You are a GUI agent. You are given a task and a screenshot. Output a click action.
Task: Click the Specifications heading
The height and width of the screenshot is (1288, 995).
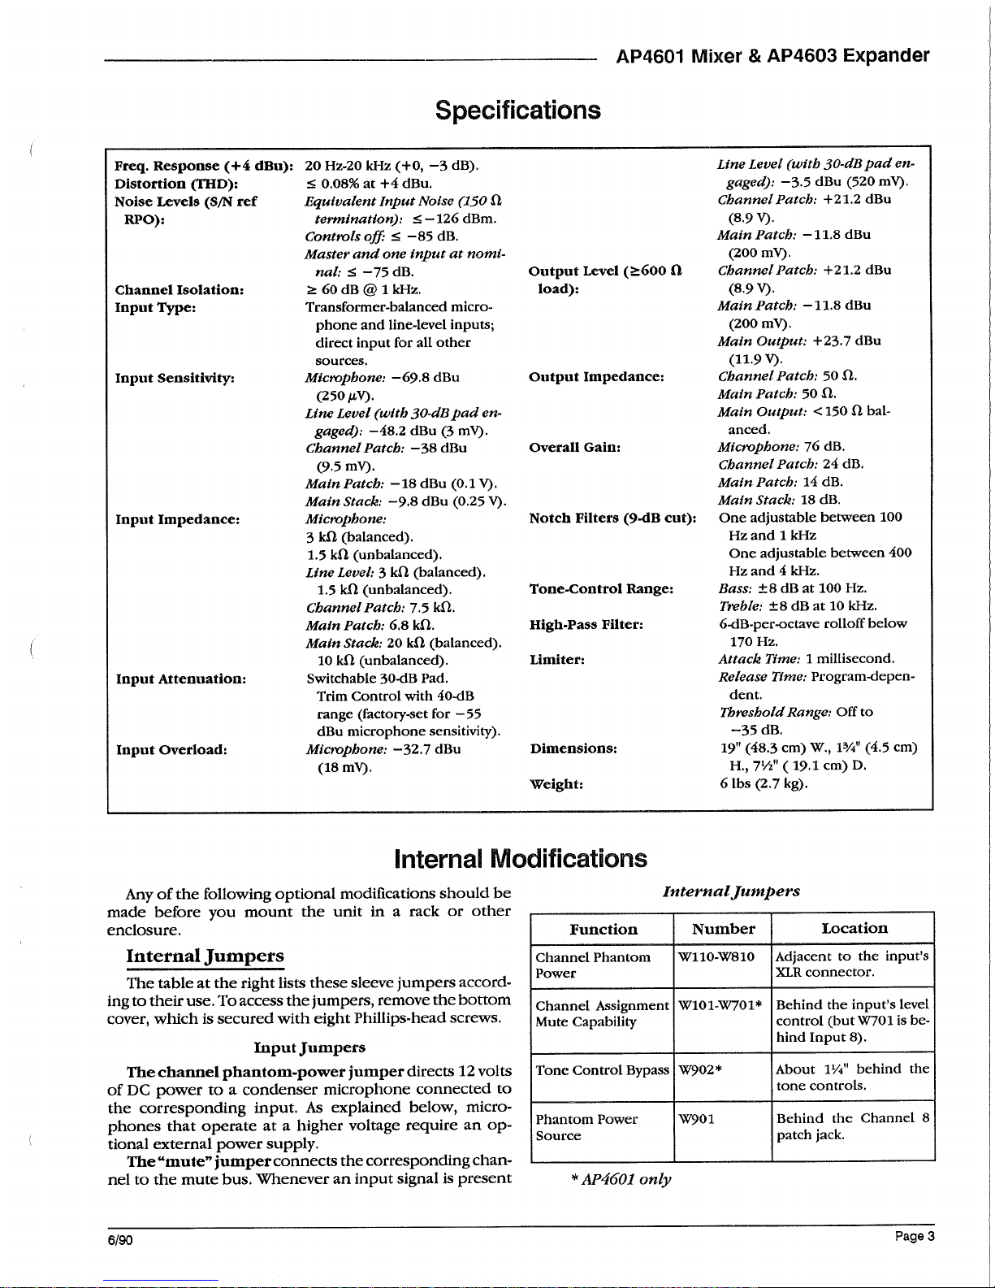coord(517,110)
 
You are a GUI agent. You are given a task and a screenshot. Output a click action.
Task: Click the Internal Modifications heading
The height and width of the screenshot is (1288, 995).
coord(520,858)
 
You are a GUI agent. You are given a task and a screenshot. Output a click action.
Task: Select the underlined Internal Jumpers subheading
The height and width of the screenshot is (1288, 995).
coord(205,956)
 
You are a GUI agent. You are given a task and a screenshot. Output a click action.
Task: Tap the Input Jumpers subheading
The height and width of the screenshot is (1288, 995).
coord(309,1047)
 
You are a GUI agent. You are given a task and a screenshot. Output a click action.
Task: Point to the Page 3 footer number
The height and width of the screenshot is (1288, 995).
coord(915,1236)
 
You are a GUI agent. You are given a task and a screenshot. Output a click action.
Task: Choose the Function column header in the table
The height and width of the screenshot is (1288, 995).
coord(603,929)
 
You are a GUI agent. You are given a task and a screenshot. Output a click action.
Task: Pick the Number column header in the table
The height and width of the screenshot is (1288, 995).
coord(723,929)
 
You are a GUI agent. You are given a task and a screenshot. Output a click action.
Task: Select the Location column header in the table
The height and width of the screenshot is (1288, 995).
coord(854,928)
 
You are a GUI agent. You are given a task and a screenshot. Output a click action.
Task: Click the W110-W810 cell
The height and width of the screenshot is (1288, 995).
coord(716,957)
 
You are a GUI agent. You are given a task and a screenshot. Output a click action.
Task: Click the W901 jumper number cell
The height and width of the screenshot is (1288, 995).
coord(697,1119)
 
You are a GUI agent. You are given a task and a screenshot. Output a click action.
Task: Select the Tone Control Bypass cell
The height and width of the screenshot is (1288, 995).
coord(602,1070)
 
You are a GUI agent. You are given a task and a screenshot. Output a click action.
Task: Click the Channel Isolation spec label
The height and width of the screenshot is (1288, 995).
coord(180,290)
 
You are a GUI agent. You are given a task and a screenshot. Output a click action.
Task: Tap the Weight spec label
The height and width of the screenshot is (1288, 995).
coord(556,784)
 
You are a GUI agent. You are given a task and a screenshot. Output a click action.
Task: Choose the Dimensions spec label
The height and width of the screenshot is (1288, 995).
coord(573,748)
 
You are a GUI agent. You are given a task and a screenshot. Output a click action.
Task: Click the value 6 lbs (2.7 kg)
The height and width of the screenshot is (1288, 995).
coord(764,784)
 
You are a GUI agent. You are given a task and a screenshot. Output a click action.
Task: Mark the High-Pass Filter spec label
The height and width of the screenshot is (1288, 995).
coord(586,624)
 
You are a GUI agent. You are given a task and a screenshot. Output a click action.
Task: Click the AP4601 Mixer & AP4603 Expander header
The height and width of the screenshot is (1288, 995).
coord(772,56)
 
